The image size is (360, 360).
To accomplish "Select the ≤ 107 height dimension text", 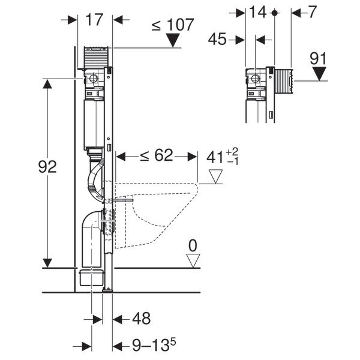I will pyautogui.click(x=172, y=25).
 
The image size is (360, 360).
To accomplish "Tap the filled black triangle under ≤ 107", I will pyautogui.click(x=173, y=41).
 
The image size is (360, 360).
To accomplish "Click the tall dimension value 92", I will pyautogui.click(x=47, y=166).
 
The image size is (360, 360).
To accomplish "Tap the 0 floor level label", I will pyautogui.click(x=192, y=245).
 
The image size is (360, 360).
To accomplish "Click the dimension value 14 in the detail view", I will pyautogui.click(x=259, y=11).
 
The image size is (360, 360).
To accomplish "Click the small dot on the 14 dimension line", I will pyautogui.click(x=274, y=12).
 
